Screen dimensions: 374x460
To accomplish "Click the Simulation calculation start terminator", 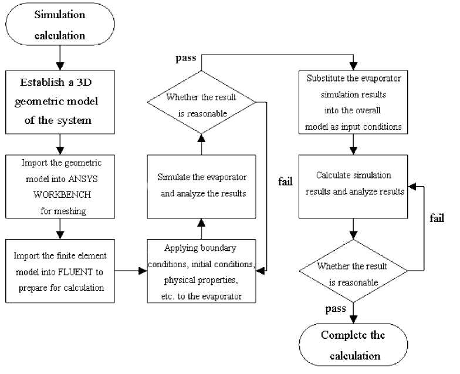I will click(x=60, y=25).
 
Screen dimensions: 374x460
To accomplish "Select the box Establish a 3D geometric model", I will click(x=60, y=100).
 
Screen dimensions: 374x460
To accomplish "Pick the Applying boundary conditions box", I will click(x=201, y=271).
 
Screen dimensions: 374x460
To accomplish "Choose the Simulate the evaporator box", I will click(x=201, y=184).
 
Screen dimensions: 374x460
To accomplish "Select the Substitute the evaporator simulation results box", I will click(x=352, y=101).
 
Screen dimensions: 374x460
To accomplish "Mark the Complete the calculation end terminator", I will click(x=353, y=345).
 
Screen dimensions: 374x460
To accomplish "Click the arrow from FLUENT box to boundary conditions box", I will click(x=130, y=271).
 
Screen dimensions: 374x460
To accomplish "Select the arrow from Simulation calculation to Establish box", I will click(x=60, y=58).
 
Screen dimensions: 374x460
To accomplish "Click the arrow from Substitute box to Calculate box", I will click(x=353, y=143).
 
